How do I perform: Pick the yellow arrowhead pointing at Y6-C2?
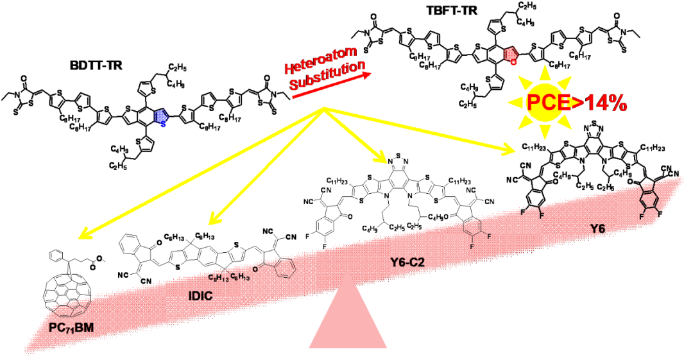384,159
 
